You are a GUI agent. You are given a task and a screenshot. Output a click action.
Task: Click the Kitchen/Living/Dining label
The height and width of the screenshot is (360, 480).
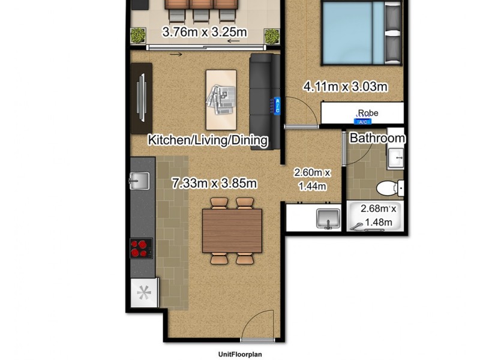coord(208,140)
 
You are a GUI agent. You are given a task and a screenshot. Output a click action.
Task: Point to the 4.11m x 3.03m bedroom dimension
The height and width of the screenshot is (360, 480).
coord(345,86)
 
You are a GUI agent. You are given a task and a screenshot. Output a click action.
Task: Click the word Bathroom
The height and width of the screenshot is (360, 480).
coord(377,138)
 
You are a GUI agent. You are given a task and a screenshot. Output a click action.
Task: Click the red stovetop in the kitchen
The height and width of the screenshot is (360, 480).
coord(141,248)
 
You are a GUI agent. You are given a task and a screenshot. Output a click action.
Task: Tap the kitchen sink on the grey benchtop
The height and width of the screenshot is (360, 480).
coord(139,180)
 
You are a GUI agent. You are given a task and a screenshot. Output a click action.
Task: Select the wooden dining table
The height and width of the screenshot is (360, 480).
coord(232,231)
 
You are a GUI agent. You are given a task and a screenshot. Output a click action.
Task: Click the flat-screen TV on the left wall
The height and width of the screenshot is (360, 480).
coord(142,98)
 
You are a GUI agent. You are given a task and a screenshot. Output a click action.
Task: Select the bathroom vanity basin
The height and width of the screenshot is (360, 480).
coord(396,158)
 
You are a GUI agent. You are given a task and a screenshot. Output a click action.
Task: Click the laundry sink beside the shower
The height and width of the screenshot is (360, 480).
coord(328,219)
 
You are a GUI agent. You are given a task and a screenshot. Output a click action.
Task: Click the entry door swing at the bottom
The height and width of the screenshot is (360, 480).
coord(258,327)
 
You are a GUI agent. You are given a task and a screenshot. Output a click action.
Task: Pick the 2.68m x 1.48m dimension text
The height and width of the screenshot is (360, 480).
coord(377,216)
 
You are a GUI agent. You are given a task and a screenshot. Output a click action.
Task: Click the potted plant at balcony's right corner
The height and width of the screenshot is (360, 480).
coord(272,36)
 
